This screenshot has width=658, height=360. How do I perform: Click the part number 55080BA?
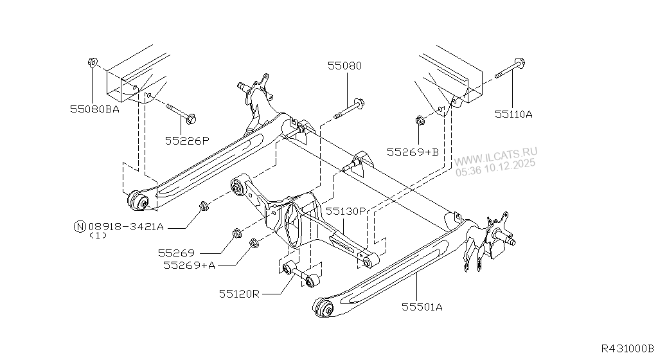(x=94, y=109)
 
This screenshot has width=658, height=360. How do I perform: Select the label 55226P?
(x=187, y=139)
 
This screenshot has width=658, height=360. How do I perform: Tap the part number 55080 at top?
(x=344, y=66)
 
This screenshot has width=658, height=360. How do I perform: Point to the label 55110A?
(x=513, y=114)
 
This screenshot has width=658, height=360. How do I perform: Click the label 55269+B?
(x=413, y=152)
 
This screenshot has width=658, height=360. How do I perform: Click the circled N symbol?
(x=80, y=226)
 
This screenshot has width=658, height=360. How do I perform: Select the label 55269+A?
(x=189, y=264)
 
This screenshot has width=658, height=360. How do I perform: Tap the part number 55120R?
(x=238, y=294)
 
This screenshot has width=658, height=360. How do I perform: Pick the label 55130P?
(x=344, y=210)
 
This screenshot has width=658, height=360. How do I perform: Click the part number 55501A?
(x=422, y=307)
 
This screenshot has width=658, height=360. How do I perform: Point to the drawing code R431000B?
(x=627, y=348)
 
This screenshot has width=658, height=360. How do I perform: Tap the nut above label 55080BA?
(x=91, y=63)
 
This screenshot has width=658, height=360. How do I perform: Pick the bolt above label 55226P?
(x=181, y=113)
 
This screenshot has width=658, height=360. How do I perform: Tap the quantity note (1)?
(x=98, y=236)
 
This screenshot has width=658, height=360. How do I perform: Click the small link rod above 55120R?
(x=301, y=273)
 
